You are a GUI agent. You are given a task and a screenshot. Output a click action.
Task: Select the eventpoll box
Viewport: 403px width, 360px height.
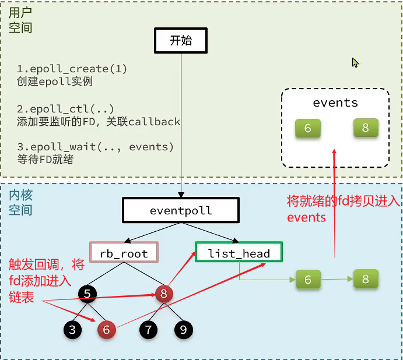(x=181, y=210)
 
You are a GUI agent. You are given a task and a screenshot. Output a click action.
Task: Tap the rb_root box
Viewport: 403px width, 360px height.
(x=124, y=253)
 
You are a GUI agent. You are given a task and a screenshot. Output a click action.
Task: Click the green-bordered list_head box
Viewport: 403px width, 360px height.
(x=239, y=253)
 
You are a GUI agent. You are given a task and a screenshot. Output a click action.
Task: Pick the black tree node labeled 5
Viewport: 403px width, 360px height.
(x=87, y=295)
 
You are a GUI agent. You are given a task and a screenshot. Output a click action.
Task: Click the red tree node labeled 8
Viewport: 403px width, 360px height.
(x=164, y=294)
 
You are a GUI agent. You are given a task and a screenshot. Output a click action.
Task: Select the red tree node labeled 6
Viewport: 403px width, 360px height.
(x=106, y=330)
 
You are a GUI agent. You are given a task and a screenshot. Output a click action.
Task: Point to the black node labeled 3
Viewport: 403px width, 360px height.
(x=72, y=330)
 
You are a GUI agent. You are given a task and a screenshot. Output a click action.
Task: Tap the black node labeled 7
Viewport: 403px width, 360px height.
(x=149, y=330)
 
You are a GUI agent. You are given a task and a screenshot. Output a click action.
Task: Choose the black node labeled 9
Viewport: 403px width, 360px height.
(x=183, y=330)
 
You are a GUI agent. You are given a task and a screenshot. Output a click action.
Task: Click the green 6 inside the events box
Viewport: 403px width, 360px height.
(x=307, y=128)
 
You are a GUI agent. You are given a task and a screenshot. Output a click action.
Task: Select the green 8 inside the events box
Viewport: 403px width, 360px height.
(x=366, y=128)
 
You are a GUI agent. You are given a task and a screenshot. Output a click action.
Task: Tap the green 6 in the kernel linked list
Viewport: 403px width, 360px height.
(x=308, y=280)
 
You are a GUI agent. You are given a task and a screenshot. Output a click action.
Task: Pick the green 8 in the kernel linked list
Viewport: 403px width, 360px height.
(x=366, y=279)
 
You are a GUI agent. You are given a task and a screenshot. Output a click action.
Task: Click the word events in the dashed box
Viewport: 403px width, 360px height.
(x=335, y=103)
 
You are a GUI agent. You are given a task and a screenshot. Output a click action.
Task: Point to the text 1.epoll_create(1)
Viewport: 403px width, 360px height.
(x=72, y=69)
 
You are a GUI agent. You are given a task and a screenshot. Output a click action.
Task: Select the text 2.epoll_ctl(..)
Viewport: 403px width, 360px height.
(x=65, y=110)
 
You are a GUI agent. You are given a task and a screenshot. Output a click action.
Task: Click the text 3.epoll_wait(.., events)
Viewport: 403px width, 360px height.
(x=95, y=147)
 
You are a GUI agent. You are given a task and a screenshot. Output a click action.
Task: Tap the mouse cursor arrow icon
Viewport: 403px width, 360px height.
(x=355, y=62)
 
